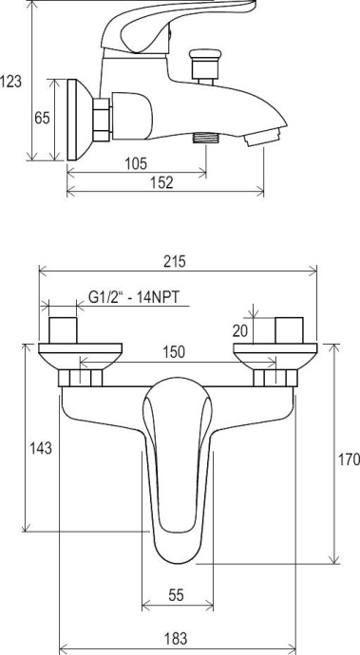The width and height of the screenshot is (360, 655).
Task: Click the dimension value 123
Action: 10,81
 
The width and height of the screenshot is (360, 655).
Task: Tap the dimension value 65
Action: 42,118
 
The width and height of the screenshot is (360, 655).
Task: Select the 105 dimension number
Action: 137,163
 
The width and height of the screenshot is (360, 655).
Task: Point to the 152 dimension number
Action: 161,182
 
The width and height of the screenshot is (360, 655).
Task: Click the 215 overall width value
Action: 174,261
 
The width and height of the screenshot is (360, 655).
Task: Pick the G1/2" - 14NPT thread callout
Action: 134,297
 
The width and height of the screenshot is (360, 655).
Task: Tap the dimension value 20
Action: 240,331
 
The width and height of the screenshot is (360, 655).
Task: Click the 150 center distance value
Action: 174,352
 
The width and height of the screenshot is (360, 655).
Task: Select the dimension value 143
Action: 41,448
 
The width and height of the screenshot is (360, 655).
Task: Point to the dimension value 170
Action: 349,459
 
